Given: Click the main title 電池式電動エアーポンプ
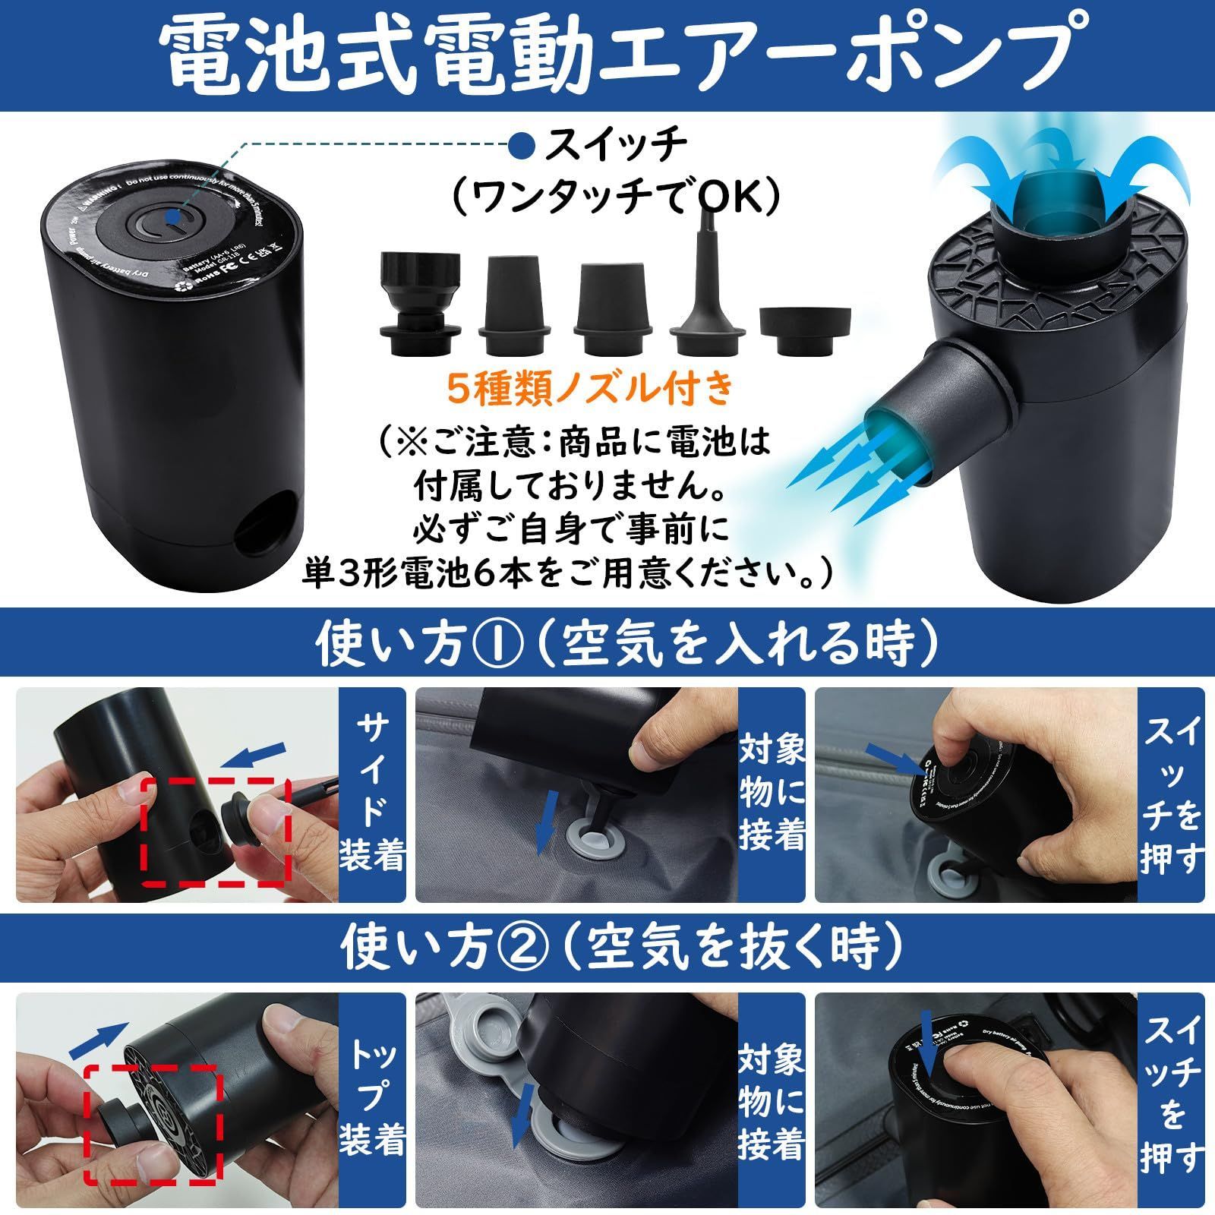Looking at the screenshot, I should tap(607, 57).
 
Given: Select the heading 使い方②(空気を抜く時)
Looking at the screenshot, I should tap(607, 947).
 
